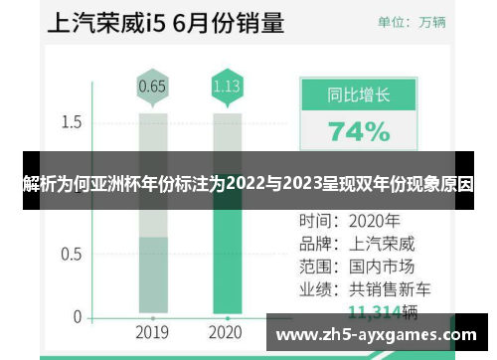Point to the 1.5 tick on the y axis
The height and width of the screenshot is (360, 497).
[x=71, y=122]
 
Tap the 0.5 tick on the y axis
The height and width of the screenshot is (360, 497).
[x=71, y=254]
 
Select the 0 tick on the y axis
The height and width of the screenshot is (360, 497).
[x=77, y=317]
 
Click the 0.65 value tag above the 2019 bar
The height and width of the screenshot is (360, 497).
[x=152, y=86]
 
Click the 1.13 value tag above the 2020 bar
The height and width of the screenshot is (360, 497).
[x=227, y=86]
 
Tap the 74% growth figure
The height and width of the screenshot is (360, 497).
[x=359, y=131]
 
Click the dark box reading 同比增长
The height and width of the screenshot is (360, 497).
[x=359, y=97]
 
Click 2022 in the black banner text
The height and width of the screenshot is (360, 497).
[x=247, y=183]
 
